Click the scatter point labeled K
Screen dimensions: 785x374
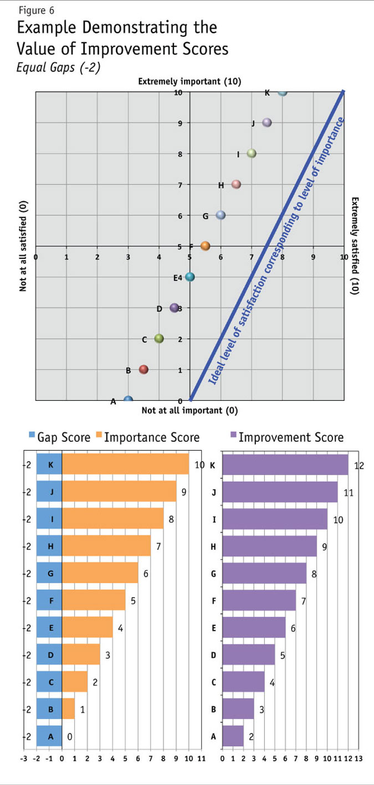click(x=282, y=92)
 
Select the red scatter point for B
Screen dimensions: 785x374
click(x=144, y=369)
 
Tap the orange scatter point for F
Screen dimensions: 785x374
click(x=205, y=246)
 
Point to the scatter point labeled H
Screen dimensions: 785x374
click(x=236, y=184)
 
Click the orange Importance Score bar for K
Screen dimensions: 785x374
click(x=125, y=464)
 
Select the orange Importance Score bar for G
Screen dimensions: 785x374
click(x=100, y=573)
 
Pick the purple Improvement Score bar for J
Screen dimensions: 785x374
click(x=280, y=492)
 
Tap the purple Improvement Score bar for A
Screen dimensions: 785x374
click(x=233, y=736)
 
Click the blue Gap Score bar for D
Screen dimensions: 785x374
click(x=49, y=655)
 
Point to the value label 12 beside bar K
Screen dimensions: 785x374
click(x=358, y=465)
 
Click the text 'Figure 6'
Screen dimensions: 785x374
click(x=36, y=10)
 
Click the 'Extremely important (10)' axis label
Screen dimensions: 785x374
click(x=189, y=82)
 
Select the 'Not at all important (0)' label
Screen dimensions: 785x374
click(x=189, y=410)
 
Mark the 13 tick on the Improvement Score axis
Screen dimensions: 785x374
click(x=358, y=758)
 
